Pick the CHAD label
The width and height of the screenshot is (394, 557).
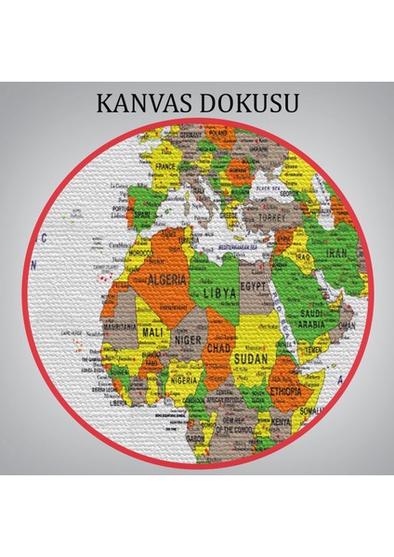click(219, 346)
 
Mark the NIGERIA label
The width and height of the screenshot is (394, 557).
click(184, 380)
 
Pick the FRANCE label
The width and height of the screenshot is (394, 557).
click(166, 167)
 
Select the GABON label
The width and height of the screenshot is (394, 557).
click(195, 436)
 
